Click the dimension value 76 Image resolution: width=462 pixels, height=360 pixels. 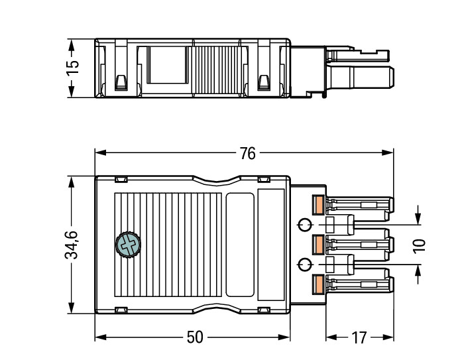(x=247, y=153)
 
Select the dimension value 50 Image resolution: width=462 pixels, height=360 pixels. (x=194, y=337)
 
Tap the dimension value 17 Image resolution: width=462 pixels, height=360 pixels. (x=358, y=337)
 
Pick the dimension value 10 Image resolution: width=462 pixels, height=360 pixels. (x=419, y=245)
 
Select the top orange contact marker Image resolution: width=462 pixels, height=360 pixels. (x=318, y=205)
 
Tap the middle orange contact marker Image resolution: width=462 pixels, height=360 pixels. (x=318, y=245)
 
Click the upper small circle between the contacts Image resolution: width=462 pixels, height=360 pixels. (x=304, y=225)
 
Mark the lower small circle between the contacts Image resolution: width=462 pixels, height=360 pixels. (x=304, y=265)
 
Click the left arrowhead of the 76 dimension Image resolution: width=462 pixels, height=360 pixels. (x=99, y=153)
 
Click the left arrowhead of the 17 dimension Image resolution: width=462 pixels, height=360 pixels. (x=329, y=337)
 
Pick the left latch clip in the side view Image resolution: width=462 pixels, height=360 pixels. (x=121, y=83)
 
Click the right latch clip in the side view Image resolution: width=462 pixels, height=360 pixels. (x=262, y=83)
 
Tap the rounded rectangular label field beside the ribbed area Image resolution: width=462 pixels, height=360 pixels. (x=240, y=245)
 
